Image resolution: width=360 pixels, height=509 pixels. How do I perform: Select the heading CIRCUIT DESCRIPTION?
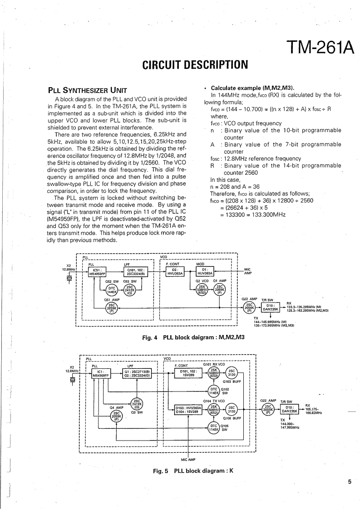[195, 64]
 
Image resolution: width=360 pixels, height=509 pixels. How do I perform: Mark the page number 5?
[350, 482]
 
